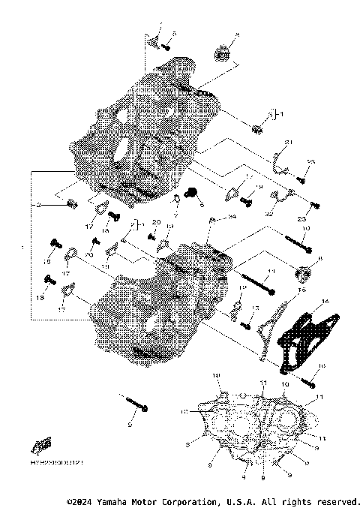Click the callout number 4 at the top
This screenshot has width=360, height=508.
(237, 35)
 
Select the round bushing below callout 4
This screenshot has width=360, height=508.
(223, 53)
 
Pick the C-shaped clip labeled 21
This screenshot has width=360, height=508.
(279, 160)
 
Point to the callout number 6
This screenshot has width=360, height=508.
(320, 258)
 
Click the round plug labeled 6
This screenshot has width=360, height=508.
(304, 272)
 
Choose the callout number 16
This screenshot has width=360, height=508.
(322, 365)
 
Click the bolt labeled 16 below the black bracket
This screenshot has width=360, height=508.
(308, 380)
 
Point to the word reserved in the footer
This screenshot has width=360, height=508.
(337, 500)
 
